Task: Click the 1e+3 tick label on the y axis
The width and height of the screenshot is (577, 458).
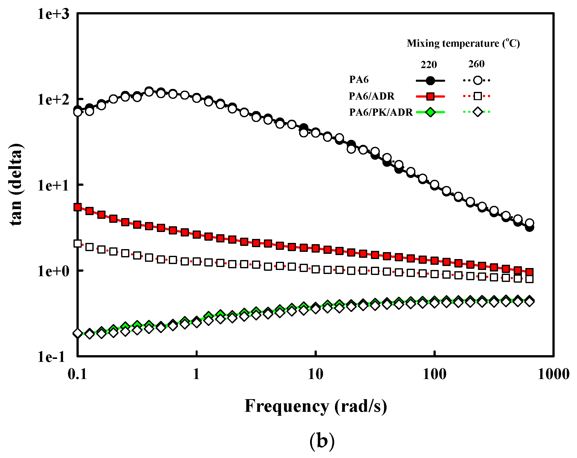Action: click(x=53, y=14)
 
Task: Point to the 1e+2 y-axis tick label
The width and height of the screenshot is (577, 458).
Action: click(x=53, y=100)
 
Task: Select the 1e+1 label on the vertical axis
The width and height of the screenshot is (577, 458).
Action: click(x=53, y=185)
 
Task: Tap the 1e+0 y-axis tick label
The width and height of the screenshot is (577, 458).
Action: click(x=53, y=271)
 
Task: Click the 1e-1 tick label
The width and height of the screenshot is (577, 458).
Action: click(x=51, y=357)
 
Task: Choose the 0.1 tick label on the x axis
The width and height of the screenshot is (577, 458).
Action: click(x=77, y=374)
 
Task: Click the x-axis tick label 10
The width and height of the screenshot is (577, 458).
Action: click(x=316, y=374)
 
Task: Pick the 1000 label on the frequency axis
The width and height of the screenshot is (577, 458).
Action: click(x=553, y=374)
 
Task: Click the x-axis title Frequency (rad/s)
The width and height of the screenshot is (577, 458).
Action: click(x=316, y=406)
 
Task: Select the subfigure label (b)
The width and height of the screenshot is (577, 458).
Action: click(x=322, y=441)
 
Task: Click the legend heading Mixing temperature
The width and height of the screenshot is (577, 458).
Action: click(x=463, y=43)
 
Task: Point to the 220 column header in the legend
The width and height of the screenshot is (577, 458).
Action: click(x=429, y=65)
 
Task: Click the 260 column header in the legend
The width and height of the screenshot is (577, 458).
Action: click(x=476, y=64)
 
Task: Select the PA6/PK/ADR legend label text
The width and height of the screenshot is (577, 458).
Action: click(x=381, y=112)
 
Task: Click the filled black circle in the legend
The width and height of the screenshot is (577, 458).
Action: click(x=430, y=80)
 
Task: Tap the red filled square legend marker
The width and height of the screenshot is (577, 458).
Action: click(x=430, y=96)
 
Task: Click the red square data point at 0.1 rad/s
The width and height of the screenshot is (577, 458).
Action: click(x=78, y=207)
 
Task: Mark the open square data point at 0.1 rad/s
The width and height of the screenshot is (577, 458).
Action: click(x=78, y=243)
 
